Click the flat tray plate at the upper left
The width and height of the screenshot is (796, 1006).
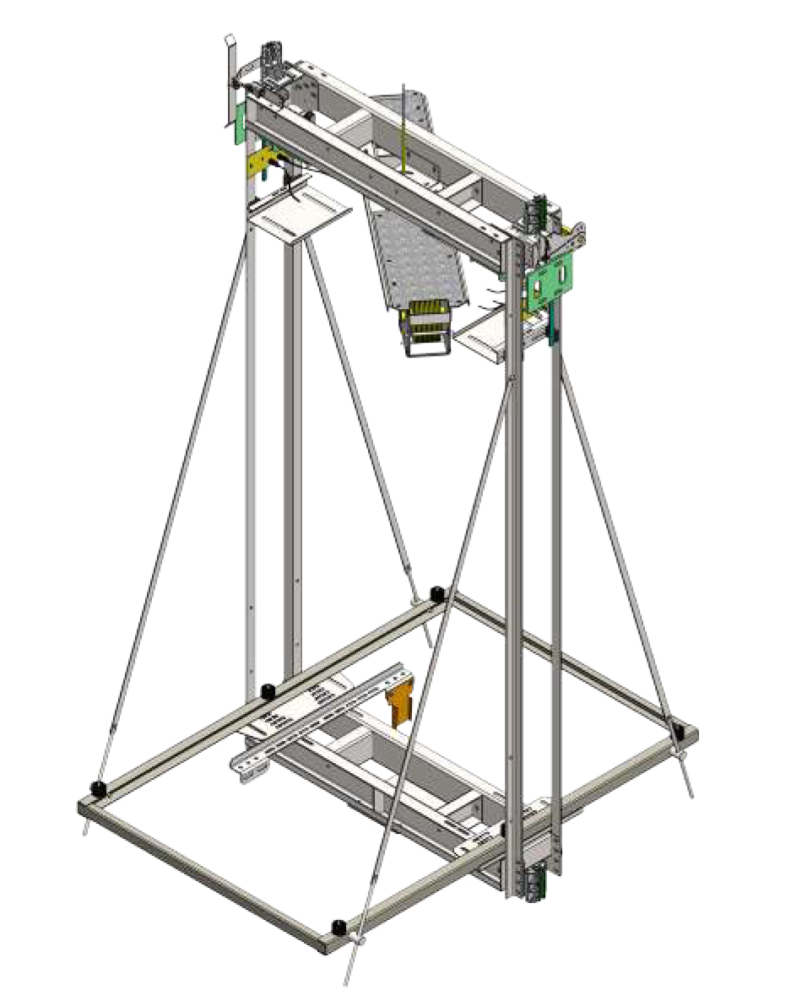(x=298, y=215)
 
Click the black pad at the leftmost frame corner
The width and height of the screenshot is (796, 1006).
(x=100, y=789)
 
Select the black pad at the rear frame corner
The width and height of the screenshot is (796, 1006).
(x=437, y=594)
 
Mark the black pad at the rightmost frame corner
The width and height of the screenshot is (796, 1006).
(x=678, y=729)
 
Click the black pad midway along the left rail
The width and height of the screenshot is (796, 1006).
(x=268, y=690)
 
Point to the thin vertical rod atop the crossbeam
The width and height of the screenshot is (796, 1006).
(x=404, y=127)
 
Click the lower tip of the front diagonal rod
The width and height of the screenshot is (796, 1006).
(x=347, y=981)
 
